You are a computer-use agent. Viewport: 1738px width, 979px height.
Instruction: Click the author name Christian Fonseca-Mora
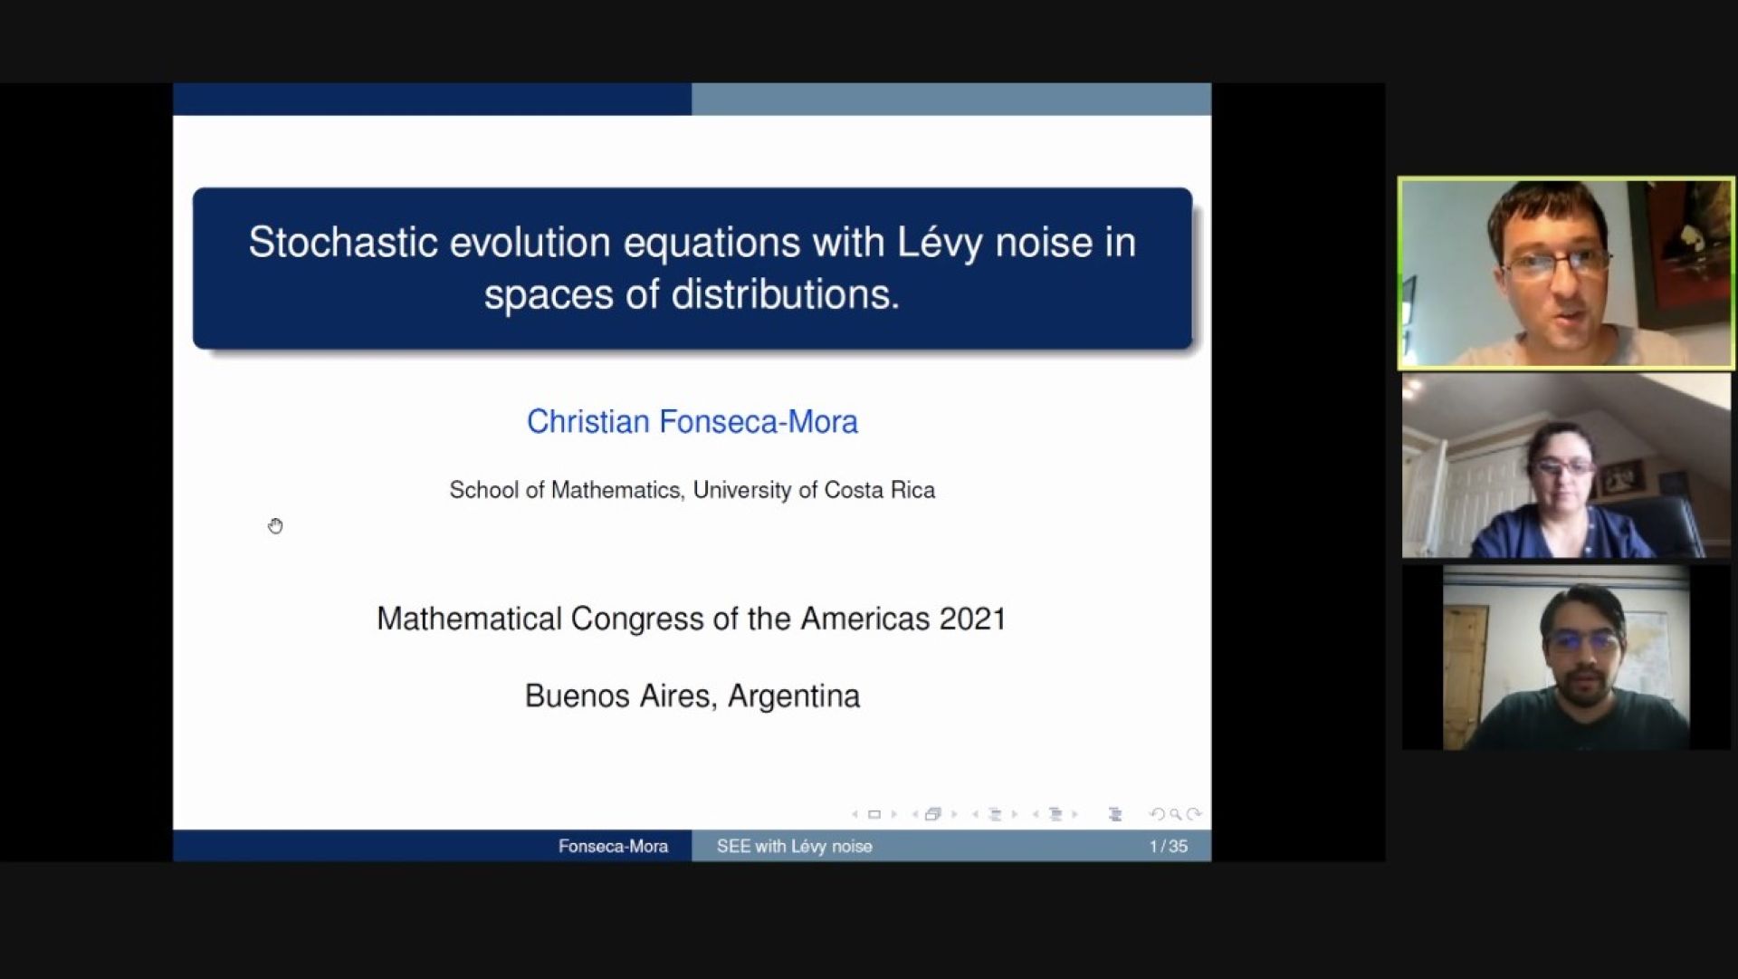tap(692, 422)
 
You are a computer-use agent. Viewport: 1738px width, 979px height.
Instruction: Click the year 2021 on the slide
tap(973, 619)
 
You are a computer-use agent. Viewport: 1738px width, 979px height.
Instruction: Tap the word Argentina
tap(794, 696)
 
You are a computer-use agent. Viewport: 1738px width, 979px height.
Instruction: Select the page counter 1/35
tap(1168, 847)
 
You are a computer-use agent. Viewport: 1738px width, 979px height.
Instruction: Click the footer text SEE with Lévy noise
tap(794, 847)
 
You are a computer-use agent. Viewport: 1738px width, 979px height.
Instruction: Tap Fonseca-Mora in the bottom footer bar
tap(613, 847)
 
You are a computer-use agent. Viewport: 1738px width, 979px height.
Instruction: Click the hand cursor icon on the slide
tap(275, 526)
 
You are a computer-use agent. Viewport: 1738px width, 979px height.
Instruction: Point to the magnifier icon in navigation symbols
tap(1175, 814)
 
